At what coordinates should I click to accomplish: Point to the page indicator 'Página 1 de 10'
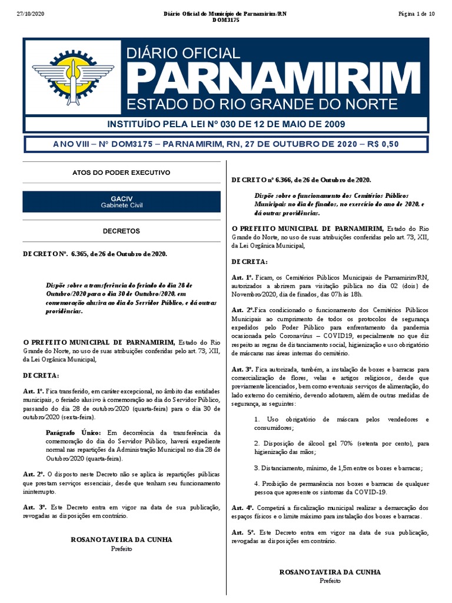416,14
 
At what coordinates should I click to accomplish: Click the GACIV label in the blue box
121,199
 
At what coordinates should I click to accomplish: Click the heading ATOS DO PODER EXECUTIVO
121,173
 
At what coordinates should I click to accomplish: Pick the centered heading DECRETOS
121,231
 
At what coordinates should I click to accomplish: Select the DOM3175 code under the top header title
226,21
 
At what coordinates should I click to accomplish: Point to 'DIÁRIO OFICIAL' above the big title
184,54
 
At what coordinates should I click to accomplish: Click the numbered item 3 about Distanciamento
338,468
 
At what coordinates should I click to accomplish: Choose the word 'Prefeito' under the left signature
121,548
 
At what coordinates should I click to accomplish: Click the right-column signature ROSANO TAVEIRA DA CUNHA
330,572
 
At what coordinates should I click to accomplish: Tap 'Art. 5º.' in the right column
242,532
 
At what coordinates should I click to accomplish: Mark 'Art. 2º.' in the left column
34,473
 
